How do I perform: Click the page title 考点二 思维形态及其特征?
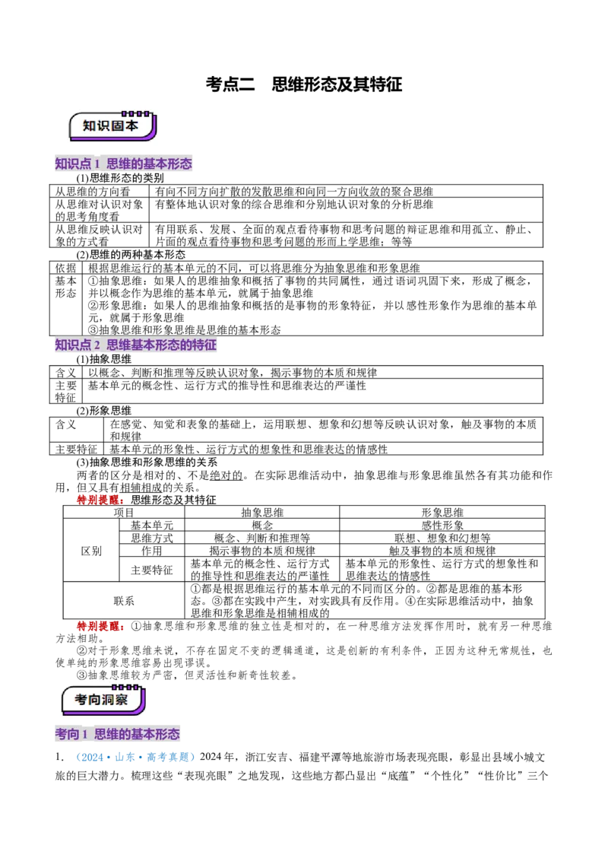(304, 84)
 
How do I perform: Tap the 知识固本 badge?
(112, 125)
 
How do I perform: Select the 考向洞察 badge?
(103, 700)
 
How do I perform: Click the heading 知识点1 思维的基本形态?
(123, 163)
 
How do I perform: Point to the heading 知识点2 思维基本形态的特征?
(135, 345)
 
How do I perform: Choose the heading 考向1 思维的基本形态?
(118, 734)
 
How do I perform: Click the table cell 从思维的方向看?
(93, 192)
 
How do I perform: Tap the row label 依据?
(66, 268)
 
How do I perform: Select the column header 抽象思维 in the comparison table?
(262, 513)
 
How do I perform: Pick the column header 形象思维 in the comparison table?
(442, 513)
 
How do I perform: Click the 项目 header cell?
(124, 513)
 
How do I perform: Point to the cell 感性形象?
(442, 525)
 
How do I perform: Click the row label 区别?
(91, 551)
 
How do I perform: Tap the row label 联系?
(124, 601)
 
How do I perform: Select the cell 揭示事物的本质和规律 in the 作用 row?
(262, 550)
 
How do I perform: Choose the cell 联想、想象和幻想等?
(442, 538)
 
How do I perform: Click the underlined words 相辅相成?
(141, 488)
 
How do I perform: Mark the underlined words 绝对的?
(226, 475)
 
